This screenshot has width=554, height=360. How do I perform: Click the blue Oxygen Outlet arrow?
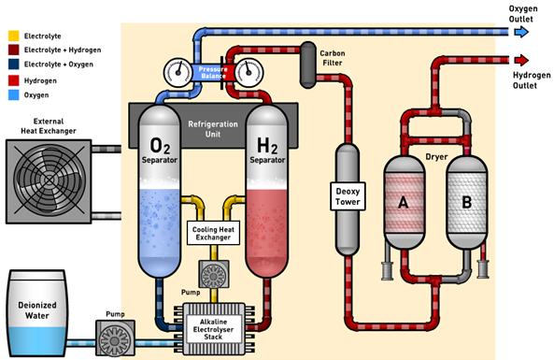point(521,32)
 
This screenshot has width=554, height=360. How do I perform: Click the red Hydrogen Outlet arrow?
point(521,60)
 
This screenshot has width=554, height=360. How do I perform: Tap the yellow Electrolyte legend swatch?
point(13,36)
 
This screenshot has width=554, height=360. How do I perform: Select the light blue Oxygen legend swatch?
point(13,94)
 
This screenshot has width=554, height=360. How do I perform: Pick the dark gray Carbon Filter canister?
point(308,65)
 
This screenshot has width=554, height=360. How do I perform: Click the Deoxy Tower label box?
point(348,196)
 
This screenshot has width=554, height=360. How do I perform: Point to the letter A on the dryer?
point(404,203)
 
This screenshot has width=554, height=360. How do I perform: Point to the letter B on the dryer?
point(467,203)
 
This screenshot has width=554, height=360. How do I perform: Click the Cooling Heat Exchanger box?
point(213,233)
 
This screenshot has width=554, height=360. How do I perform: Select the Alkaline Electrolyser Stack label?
point(213,329)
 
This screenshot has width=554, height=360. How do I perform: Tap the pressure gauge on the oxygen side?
point(178,73)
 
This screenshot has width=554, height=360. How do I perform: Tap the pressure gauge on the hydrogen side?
point(249,73)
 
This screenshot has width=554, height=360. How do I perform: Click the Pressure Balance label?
point(212,73)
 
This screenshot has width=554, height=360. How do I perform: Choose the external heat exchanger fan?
point(49,181)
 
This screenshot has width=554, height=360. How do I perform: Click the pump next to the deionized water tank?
point(115,338)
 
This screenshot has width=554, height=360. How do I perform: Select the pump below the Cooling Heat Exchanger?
point(213,274)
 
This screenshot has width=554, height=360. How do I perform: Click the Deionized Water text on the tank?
point(37,310)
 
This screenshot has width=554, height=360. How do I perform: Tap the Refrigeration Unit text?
point(213,129)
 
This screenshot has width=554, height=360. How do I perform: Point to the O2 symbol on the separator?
point(160,146)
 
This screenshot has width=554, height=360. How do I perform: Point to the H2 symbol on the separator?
point(267,146)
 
